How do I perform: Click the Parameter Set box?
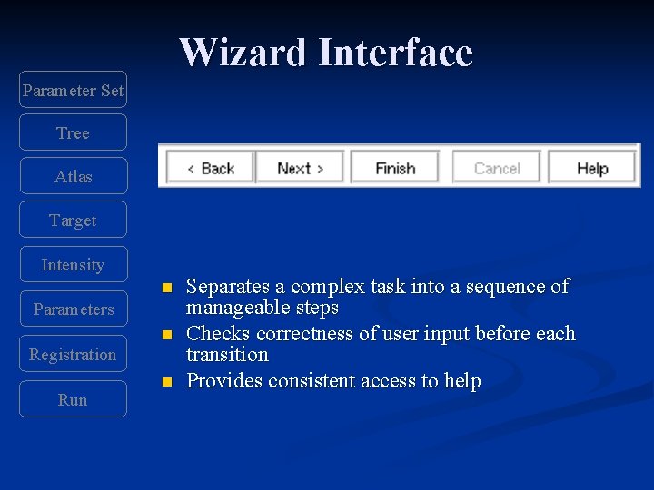[73, 90]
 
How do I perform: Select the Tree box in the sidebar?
[73, 132]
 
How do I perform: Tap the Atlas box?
[73, 176]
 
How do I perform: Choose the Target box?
[73, 220]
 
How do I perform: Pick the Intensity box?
[73, 264]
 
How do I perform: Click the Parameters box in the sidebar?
[73, 309]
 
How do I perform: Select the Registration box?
[73, 354]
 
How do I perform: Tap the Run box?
[73, 399]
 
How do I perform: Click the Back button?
[210, 168]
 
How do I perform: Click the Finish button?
[395, 168]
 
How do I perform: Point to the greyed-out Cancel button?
[496, 168]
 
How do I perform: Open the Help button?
[592, 168]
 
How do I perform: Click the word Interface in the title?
[395, 53]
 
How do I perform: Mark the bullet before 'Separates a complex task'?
[166, 289]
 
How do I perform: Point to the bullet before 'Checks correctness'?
[166, 336]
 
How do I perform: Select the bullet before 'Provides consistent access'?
[166, 383]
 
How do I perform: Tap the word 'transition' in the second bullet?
[227, 355]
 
